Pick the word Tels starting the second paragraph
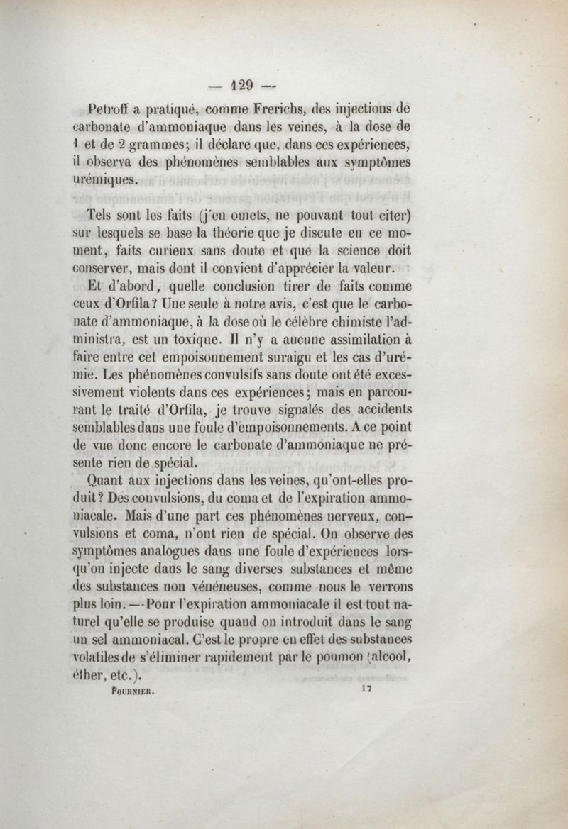tap(102, 215)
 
